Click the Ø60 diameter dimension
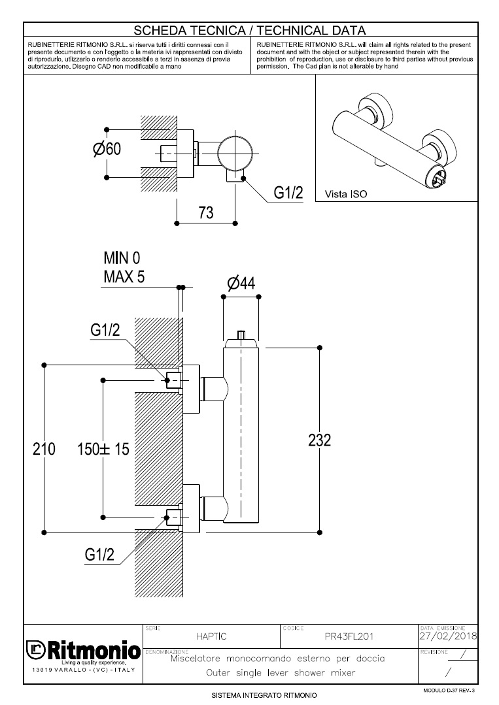(x=107, y=150)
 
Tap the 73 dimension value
(x=206, y=213)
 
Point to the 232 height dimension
(x=319, y=440)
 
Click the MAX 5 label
(x=124, y=276)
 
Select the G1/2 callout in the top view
(x=288, y=193)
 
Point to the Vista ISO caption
(x=345, y=194)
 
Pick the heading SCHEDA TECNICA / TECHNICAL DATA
(x=249, y=30)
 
